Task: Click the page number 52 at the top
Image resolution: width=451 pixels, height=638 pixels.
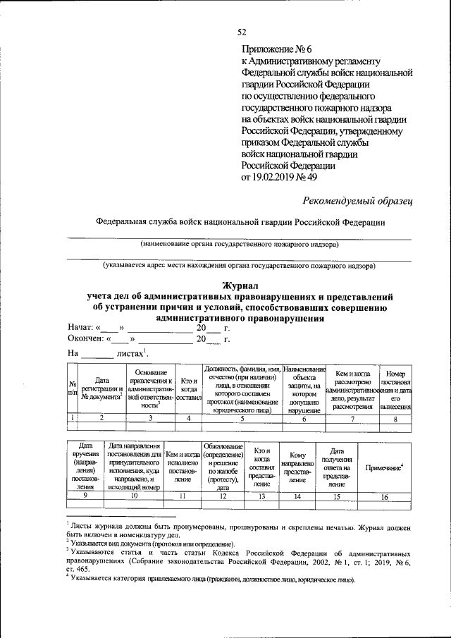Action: pos(242,32)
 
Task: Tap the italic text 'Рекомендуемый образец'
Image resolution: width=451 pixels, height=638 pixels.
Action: pos(357,201)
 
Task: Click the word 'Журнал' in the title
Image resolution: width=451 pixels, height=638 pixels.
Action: pos(241,286)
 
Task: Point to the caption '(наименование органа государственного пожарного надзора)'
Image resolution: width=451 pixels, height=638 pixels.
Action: pos(239,245)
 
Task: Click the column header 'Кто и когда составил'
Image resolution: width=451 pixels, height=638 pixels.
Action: pos(188,389)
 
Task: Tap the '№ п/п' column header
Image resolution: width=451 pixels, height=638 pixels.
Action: pos(71,389)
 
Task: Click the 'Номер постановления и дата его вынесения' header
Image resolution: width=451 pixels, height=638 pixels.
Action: pos(395,389)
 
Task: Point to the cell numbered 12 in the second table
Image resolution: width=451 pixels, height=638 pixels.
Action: pos(223,497)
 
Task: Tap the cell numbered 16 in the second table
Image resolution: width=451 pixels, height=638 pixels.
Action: pos(384,497)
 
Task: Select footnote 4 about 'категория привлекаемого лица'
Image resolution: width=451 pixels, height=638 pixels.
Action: pos(211,579)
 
